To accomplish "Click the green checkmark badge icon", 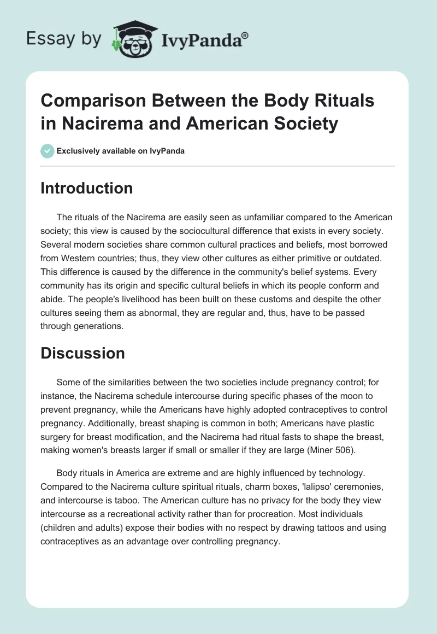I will point(48,151).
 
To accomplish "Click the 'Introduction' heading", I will point(87,189).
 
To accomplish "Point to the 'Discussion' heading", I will point(82,353).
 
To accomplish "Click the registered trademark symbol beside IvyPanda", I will point(245,34).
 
